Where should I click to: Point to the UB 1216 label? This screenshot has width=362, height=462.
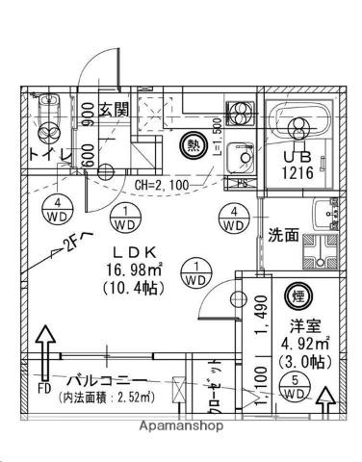click(297, 165)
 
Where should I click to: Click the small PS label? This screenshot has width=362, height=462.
click(243, 182)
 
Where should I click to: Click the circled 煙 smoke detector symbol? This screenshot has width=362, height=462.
click(297, 298)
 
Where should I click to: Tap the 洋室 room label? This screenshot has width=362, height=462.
click(298, 326)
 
